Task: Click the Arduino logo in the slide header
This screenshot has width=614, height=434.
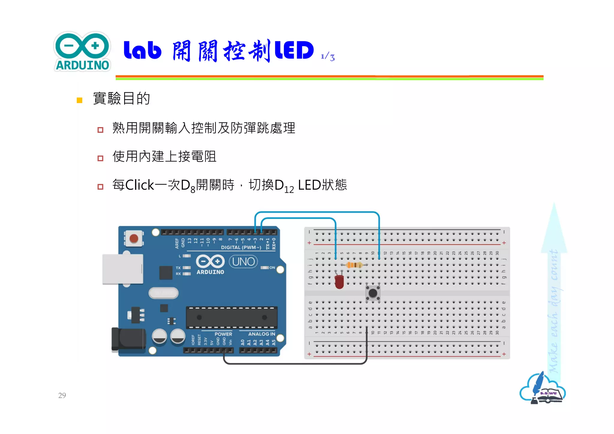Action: (x=82, y=52)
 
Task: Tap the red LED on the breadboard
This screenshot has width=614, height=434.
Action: (x=339, y=282)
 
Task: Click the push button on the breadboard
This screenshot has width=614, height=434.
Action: (x=373, y=293)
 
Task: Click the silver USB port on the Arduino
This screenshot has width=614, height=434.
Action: (x=123, y=269)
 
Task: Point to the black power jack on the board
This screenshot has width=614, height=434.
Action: (x=128, y=339)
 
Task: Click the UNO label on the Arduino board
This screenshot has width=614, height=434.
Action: (x=243, y=262)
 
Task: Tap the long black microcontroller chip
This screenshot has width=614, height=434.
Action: (x=231, y=317)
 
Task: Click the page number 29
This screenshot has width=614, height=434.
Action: (x=62, y=395)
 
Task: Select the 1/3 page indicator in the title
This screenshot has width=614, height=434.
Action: (x=328, y=57)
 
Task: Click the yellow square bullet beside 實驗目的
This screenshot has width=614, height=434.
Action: (x=79, y=100)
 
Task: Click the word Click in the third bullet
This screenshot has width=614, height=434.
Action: (x=139, y=185)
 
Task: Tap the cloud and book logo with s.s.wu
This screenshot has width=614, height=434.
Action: (x=543, y=389)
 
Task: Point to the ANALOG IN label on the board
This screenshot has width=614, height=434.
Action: (x=261, y=334)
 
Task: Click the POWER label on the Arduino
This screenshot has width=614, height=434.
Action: (x=223, y=334)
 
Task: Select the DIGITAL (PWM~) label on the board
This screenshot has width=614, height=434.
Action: (x=241, y=248)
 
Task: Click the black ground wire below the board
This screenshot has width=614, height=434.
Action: (x=295, y=364)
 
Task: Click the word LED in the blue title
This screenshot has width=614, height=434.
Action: (x=294, y=50)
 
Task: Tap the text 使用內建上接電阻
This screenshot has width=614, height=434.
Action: (x=164, y=156)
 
